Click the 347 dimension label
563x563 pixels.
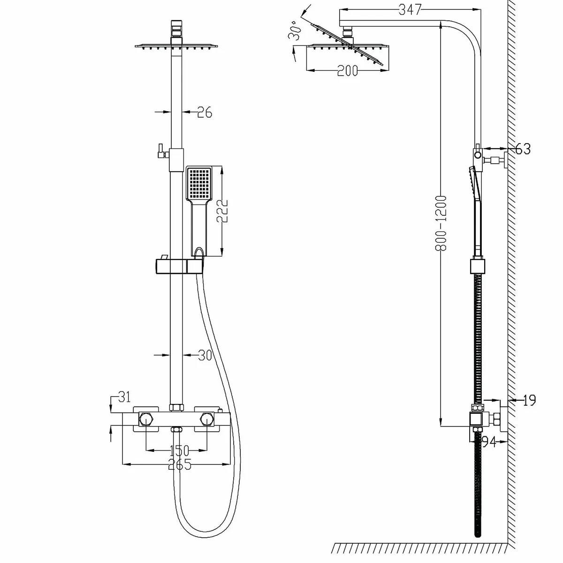410,8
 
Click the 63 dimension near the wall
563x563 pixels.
523,149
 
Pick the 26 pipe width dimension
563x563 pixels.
205,112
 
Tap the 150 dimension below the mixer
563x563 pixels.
178,451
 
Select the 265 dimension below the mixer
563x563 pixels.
178,465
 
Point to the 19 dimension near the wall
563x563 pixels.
529,400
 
